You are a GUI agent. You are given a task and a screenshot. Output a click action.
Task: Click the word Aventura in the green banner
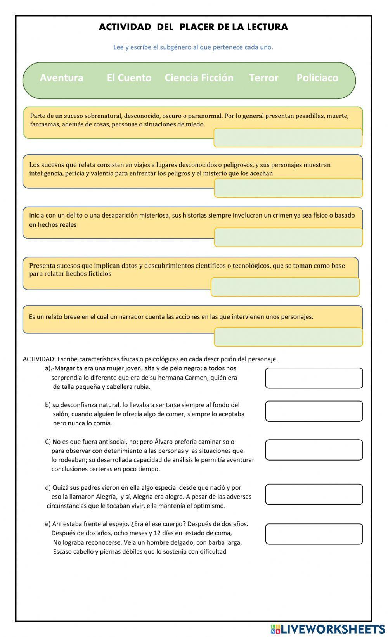(x=61, y=78)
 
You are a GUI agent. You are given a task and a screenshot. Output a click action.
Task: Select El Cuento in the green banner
(x=129, y=78)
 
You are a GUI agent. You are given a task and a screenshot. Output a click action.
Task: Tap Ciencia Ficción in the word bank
(x=199, y=78)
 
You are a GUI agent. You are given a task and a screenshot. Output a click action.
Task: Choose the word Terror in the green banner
(x=263, y=78)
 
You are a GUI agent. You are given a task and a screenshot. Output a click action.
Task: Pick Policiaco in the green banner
(x=317, y=78)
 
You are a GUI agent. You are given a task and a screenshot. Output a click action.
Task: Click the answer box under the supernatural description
(x=288, y=138)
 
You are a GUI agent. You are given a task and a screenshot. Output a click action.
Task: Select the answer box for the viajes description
(x=288, y=188)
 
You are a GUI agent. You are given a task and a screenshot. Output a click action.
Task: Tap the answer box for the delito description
(x=288, y=237)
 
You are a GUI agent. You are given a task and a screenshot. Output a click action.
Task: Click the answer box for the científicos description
(x=285, y=287)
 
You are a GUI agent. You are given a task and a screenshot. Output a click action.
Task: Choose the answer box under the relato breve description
(x=288, y=337)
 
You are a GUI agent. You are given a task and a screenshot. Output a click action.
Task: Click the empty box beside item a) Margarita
(x=314, y=378)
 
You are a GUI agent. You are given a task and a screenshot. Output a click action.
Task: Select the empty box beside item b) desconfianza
(x=314, y=411)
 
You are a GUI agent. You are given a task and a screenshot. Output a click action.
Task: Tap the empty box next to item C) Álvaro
(x=314, y=450)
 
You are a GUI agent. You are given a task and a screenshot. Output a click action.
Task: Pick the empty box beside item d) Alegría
(x=314, y=494)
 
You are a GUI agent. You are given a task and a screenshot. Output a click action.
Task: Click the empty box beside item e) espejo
(x=314, y=534)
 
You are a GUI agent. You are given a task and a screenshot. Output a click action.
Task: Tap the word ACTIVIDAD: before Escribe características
(x=39, y=359)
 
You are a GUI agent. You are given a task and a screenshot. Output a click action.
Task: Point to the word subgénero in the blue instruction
(x=176, y=47)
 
